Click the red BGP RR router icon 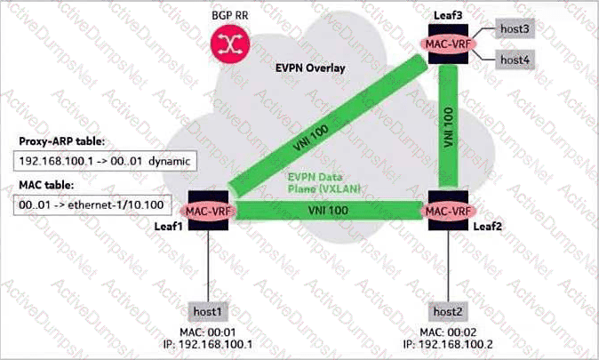[x=230, y=44]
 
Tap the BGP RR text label [x=230, y=15]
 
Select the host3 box [x=515, y=28]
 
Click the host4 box [x=515, y=60]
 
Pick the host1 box [x=207, y=311]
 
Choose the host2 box [x=448, y=311]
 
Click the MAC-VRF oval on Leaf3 [x=448, y=44]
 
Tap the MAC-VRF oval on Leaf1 [x=208, y=211]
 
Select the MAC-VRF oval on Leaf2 [x=448, y=211]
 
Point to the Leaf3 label [x=448, y=15]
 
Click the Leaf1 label [x=169, y=227]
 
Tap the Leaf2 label [x=487, y=227]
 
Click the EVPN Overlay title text [x=310, y=68]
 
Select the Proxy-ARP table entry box [x=105, y=161]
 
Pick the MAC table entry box [x=92, y=205]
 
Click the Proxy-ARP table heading [x=62, y=141]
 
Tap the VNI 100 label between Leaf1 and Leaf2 [x=328, y=210]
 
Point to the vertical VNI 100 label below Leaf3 [x=449, y=127]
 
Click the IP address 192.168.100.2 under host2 [x=448, y=344]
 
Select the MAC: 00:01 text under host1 [x=207, y=332]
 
